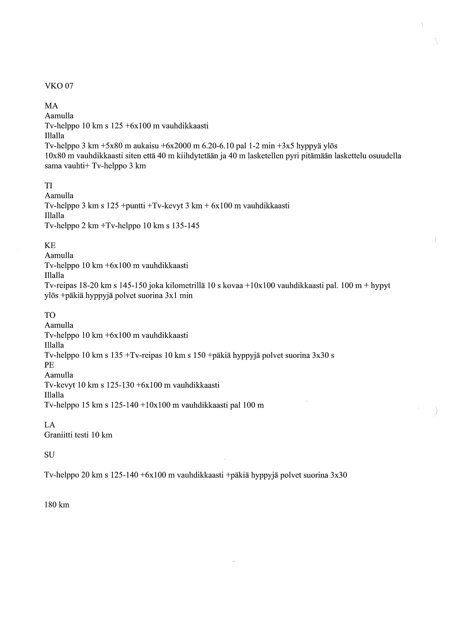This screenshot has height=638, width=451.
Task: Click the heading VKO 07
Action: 59,86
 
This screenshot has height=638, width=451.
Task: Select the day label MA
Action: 51,106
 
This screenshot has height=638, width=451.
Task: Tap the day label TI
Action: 49,186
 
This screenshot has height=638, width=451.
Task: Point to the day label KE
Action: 50,245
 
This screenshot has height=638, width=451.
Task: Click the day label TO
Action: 50,315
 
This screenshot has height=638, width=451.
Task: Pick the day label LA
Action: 50,425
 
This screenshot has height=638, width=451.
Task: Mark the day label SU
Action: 49,455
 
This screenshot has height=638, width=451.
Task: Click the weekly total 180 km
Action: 57,505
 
